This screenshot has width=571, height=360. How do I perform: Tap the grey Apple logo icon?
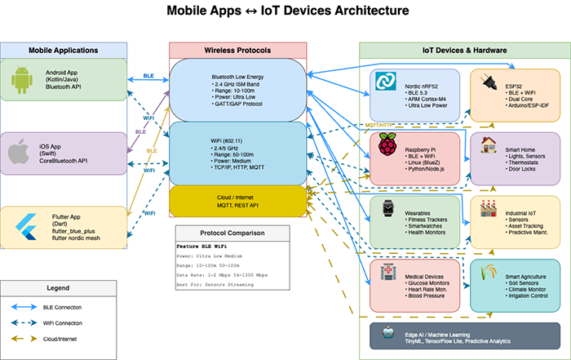[20, 153]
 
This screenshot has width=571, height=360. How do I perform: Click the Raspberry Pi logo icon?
[385, 144]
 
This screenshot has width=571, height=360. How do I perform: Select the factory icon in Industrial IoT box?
[489, 207]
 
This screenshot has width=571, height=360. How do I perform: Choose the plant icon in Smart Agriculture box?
[489, 271]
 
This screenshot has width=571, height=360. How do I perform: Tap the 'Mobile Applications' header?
[63, 51]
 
